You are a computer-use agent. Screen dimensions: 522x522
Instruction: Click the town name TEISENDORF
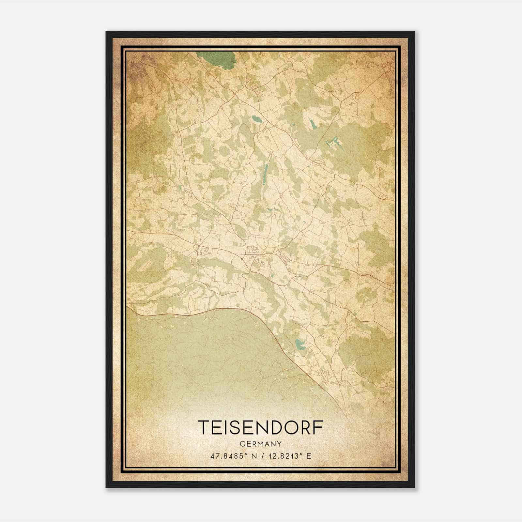pyautogui.click(x=261, y=427)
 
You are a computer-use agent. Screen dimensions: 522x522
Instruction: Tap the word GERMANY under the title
pyautogui.click(x=260, y=444)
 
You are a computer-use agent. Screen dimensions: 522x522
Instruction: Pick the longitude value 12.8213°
pyautogui.click(x=283, y=456)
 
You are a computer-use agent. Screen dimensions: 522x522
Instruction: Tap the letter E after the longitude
pyautogui.click(x=309, y=456)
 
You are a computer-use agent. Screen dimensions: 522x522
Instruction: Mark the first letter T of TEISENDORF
pyautogui.click(x=204, y=427)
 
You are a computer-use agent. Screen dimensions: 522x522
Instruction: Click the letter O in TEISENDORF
pyautogui.click(x=291, y=427)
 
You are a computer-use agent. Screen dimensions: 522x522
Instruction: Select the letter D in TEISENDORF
pyautogui.click(x=277, y=427)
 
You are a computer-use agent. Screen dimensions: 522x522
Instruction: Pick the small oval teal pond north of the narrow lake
pyautogui.click(x=256, y=119)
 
